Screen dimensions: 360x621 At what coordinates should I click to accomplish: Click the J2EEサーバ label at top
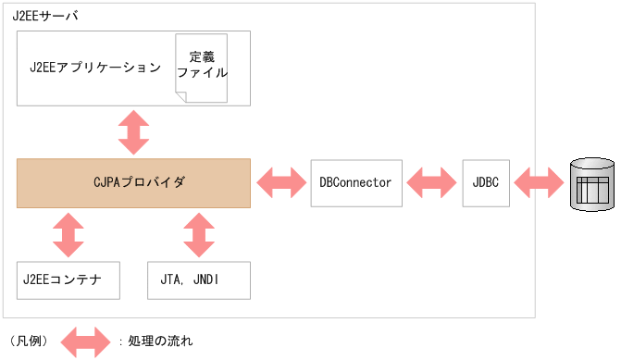(44, 15)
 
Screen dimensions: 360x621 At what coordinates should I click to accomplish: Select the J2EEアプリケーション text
(95, 68)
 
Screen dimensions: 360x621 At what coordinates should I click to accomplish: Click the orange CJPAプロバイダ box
(133, 182)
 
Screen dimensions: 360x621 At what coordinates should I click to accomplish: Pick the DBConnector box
(355, 182)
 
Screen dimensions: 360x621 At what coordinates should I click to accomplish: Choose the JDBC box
(485, 182)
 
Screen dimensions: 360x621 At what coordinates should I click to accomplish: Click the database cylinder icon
(592, 182)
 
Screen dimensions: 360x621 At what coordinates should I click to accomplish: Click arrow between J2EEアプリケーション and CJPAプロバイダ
(134, 131)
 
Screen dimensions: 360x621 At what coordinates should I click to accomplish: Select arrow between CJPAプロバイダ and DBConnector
(280, 182)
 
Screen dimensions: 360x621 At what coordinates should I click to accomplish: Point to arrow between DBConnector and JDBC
(431, 182)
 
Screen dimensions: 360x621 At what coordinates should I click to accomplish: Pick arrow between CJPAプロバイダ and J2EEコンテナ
(68, 234)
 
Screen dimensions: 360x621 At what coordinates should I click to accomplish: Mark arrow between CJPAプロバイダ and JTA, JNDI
(199, 234)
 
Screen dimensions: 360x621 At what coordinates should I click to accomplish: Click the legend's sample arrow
(85, 341)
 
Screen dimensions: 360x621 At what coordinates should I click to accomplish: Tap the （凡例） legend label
(28, 341)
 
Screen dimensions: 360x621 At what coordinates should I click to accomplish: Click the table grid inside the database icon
(592, 190)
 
